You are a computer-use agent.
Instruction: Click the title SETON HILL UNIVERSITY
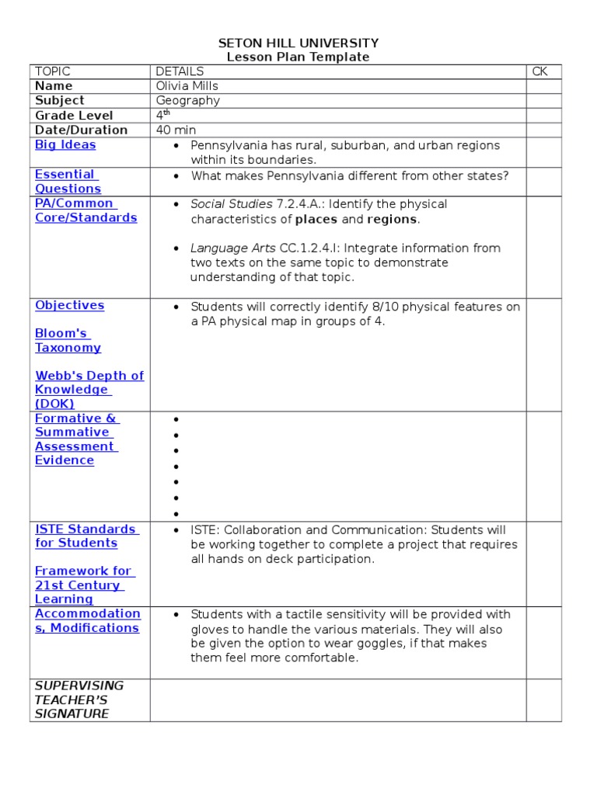(298, 43)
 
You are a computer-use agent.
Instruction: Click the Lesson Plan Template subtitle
(298, 57)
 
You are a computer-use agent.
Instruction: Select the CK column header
(539, 71)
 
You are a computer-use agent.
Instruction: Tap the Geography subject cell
(188, 101)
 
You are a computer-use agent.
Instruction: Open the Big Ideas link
(65, 145)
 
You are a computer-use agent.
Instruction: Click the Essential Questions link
(68, 182)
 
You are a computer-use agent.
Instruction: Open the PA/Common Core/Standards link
(86, 210)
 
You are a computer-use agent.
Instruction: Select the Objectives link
(69, 306)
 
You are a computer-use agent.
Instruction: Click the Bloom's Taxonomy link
(68, 341)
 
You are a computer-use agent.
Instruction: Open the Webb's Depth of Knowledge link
(89, 390)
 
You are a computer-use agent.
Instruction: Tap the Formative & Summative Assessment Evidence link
(76, 439)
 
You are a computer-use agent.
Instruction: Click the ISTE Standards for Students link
(86, 536)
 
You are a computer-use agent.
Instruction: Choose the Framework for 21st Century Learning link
(83, 585)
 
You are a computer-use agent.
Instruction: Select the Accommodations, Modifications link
(87, 621)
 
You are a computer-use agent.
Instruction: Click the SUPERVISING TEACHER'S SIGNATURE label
(79, 700)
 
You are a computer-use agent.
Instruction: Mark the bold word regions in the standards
(392, 220)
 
